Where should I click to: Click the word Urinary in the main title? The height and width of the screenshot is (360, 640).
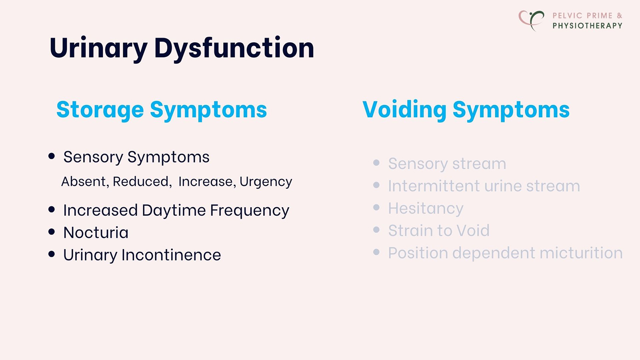click(98, 48)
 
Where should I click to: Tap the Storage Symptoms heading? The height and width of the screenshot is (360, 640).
click(162, 110)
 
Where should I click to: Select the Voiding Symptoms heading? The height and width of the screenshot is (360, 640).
click(466, 110)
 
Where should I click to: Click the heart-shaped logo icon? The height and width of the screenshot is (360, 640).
click(531, 20)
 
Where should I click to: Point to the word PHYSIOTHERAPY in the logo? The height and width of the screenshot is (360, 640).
click(587, 26)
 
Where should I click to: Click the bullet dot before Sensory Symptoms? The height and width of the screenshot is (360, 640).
click(52, 156)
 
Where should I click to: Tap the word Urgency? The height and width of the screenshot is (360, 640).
click(266, 182)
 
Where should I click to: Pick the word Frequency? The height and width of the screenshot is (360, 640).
click(250, 211)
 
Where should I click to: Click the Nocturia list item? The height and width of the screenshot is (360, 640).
click(96, 233)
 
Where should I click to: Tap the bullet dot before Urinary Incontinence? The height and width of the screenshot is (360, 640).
click(52, 254)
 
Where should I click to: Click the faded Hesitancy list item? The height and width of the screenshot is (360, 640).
click(426, 208)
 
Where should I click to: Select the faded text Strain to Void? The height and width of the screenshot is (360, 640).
click(439, 231)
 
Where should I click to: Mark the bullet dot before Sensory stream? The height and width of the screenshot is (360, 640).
click(376, 163)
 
